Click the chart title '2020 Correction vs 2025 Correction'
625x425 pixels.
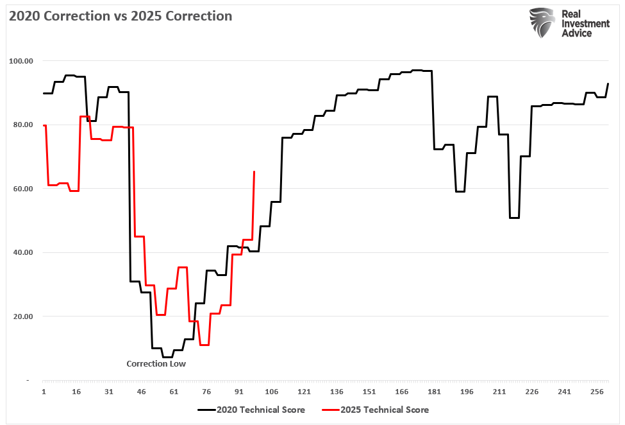pyautogui.click(x=120, y=16)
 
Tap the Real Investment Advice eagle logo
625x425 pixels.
pyautogui.click(x=542, y=22)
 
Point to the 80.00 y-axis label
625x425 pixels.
pyautogui.click(x=22, y=125)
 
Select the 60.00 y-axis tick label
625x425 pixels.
pyautogui.click(x=22, y=189)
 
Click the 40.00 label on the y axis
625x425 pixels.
pyautogui.click(x=22, y=252)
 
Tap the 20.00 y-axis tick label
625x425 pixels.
pyautogui.click(x=22, y=317)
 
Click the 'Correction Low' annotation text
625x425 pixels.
pyautogui.click(x=156, y=363)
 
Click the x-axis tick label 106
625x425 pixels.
pyautogui.click(x=271, y=392)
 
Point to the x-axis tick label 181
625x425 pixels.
pyautogui.click(x=434, y=392)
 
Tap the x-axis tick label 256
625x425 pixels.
pyautogui.click(x=597, y=392)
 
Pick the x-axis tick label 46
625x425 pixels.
pyautogui.click(x=141, y=392)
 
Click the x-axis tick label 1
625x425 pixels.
pyautogui.click(x=44, y=392)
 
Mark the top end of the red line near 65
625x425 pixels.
pyautogui.click(x=254, y=172)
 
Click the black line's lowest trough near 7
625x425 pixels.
pyautogui.click(x=167, y=357)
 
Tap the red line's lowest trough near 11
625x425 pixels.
pyautogui.click(x=204, y=345)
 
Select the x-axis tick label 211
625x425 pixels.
pyautogui.click(x=499, y=392)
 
